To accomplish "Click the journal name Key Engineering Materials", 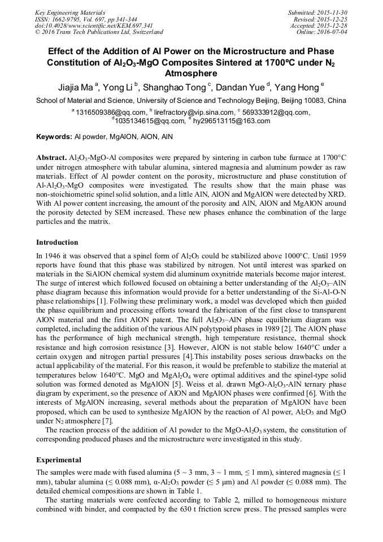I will (x=69, y=12).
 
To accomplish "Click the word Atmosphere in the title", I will (x=191, y=73).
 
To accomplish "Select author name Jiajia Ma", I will (x=76, y=88).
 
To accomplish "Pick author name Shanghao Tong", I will (x=178, y=88).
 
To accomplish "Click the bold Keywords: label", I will (x=54, y=137).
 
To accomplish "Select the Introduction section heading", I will (x=57, y=242).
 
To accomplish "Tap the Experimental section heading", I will (x=59, y=459).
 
